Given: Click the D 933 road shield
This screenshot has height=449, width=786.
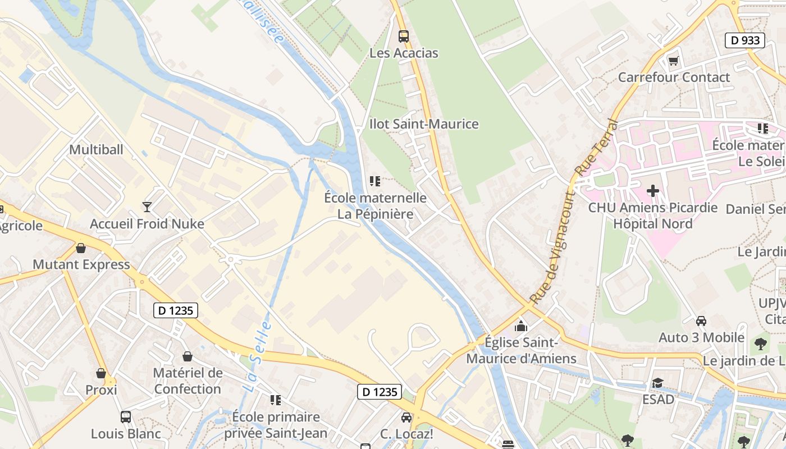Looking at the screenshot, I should tap(745, 40).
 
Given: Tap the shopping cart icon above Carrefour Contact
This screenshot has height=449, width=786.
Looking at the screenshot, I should tap(673, 61).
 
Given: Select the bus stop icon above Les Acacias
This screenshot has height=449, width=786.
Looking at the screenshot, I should tap(403, 36).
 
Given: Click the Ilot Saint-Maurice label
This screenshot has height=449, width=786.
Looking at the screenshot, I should tap(424, 124).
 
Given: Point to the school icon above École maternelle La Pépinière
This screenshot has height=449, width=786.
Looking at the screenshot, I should tap(374, 181).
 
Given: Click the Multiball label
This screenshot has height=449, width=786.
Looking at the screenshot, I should tap(96, 150).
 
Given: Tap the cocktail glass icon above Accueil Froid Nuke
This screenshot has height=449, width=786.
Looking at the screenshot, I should tap(147, 207).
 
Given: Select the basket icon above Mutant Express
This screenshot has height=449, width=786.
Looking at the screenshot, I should tap(81, 248).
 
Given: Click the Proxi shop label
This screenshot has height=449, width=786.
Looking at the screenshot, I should tap(101, 390).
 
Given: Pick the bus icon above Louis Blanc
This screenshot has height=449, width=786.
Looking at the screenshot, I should tap(125, 417).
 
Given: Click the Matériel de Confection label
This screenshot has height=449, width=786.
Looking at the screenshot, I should tap(188, 381).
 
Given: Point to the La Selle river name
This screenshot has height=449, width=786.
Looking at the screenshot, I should tap(258, 357).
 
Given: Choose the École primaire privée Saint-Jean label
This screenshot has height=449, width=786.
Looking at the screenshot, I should tap(276, 425).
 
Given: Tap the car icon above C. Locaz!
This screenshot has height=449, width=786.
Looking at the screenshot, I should tap(406, 418).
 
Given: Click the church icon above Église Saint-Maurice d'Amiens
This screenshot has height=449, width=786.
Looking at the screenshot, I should tap(521, 326).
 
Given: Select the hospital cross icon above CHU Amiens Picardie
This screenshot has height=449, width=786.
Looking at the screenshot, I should tap(652, 191).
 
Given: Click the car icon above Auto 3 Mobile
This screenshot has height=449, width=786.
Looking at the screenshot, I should tap(701, 321).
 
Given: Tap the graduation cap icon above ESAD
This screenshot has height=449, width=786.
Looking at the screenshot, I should tap(657, 383).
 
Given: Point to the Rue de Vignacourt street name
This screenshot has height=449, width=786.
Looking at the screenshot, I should tap(552, 247).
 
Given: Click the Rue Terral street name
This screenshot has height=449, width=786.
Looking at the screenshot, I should tap(597, 147).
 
